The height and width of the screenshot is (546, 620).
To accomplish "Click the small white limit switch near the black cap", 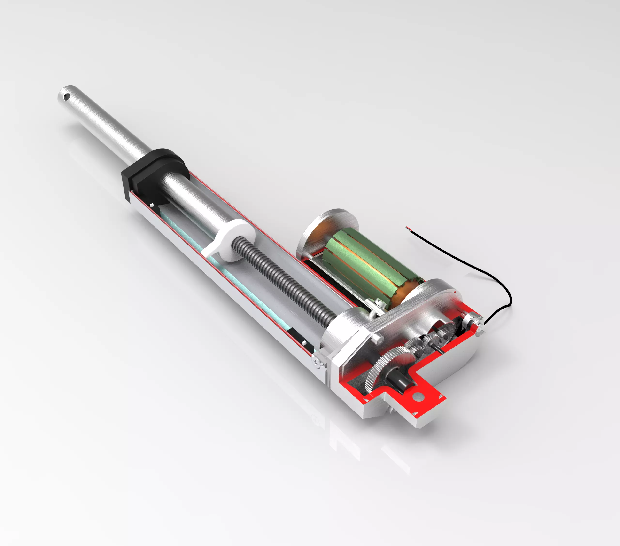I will pyautogui.click(x=151, y=206).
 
